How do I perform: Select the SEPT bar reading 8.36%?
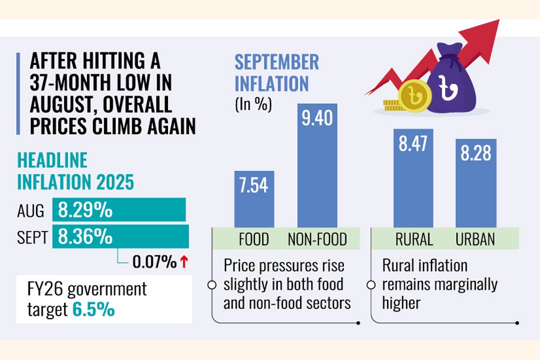coord(122,236)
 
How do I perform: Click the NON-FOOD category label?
coord(317,240)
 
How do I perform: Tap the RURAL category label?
coord(414,240)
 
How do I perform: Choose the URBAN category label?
coord(475,240)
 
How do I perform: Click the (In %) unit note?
coord(253,104)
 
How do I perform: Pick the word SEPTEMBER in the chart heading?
coord(277,62)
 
